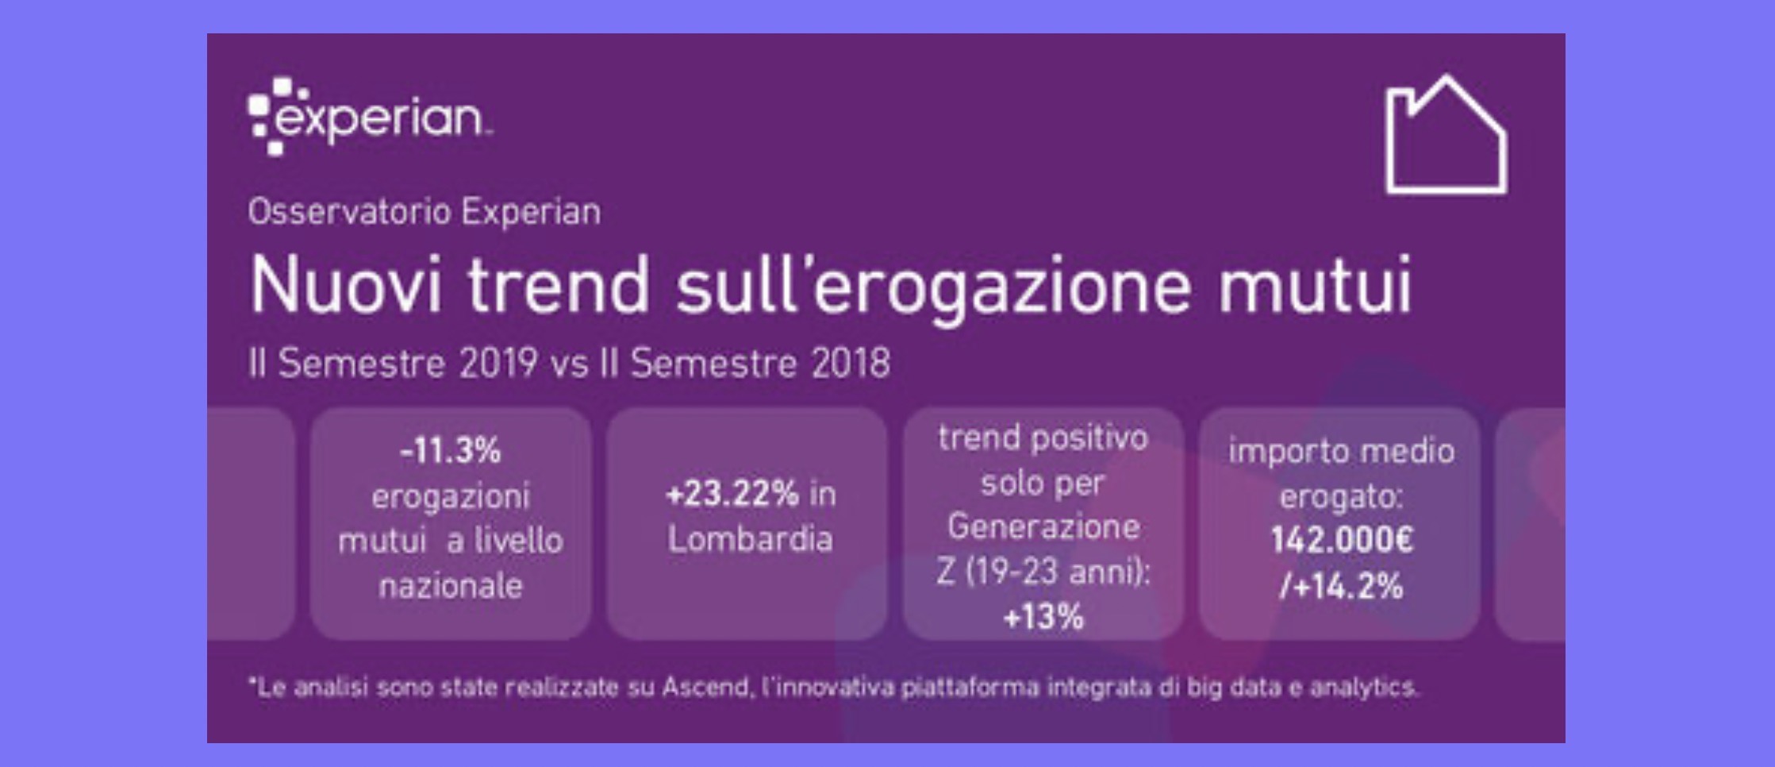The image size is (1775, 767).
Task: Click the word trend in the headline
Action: (x=558, y=285)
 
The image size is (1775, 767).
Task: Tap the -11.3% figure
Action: (x=451, y=451)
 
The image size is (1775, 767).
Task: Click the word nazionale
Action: (x=451, y=586)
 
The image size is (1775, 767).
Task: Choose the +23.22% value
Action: (x=732, y=495)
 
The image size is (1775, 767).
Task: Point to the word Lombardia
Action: (x=750, y=539)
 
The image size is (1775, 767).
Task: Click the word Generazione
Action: (x=1043, y=526)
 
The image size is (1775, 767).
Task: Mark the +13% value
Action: (x=1043, y=617)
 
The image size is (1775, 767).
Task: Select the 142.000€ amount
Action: (x=1342, y=541)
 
